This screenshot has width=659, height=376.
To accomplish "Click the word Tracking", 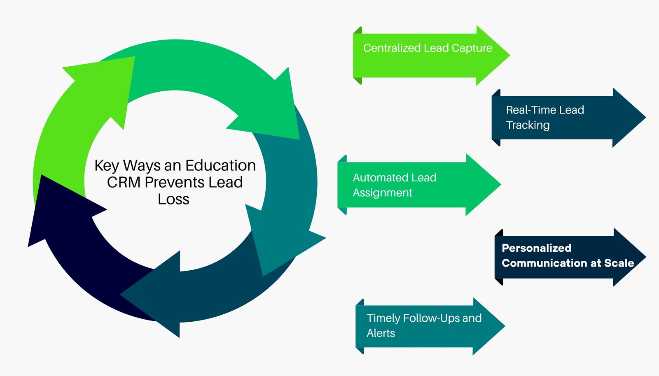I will [528, 125].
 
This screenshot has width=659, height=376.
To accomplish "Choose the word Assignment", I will [382, 193].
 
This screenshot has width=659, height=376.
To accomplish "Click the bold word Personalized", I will [536, 248].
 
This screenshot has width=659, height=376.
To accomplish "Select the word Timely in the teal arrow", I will [383, 318].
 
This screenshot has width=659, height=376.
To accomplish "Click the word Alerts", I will [381, 333].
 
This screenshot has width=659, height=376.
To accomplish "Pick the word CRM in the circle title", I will [124, 182].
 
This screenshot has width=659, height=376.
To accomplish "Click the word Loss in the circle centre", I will [173, 199].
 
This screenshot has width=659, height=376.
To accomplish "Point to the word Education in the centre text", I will [220, 165].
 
